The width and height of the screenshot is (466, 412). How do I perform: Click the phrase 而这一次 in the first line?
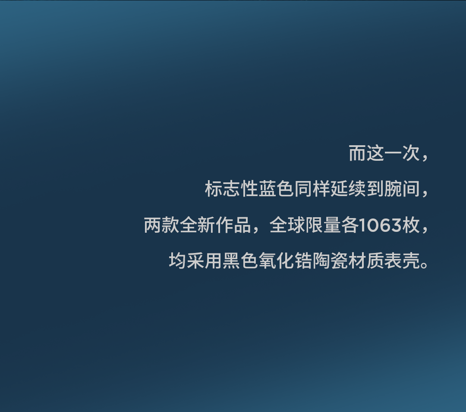tap(384, 153)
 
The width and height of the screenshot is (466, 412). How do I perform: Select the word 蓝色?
tap(276, 189)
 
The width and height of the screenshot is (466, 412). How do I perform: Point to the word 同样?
tap(312, 189)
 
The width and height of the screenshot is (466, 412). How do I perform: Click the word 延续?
tap(348, 189)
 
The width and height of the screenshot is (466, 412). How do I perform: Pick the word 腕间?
tap(402, 189)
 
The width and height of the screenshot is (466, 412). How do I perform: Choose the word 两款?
tap(161, 225)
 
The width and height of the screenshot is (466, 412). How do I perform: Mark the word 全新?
tap(197, 225)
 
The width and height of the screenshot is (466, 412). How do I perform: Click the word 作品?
tap(233, 225)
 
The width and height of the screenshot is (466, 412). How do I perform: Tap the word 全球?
tap(287, 225)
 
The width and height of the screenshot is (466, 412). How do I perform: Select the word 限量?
tap(323, 225)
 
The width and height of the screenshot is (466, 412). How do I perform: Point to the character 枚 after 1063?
tap(411, 225)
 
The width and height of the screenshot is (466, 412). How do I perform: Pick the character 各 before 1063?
tap(350, 225)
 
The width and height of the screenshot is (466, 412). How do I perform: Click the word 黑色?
tap(240, 261)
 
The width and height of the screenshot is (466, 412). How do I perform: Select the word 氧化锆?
tap(285, 261)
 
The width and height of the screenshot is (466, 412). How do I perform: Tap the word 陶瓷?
tap(330, 261)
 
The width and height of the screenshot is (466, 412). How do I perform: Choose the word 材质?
tap(366, 261)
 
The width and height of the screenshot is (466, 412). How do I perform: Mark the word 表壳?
tap(402, 261)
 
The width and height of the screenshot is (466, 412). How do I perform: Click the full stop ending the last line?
tap(424, 265)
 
